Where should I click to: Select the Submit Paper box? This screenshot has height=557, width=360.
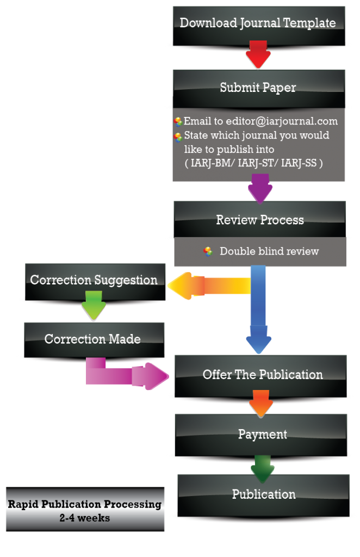(258, 88)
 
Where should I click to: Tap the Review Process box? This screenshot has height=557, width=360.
(260, 220)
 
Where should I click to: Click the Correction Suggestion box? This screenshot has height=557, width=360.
(94, 281)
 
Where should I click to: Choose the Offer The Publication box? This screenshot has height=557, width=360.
(263, 375)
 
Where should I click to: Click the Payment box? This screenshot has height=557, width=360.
(262, 434)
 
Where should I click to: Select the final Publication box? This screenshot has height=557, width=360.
(264, 494)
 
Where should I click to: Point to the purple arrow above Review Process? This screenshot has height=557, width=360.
(260, 188)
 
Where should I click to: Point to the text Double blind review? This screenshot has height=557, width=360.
(269, 251)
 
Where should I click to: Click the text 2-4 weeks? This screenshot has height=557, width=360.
(85, 518)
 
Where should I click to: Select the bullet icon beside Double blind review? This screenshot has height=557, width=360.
(208, 251)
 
